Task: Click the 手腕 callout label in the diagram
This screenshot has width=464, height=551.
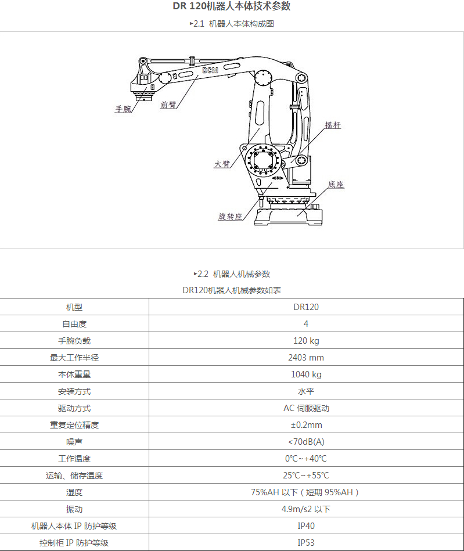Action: tap(123, 109)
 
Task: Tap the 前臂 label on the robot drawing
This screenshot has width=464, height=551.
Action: tap(168, 105)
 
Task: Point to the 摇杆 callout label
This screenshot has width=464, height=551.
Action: tap(333, 125)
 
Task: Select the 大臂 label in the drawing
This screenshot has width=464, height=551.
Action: tap(222, 164)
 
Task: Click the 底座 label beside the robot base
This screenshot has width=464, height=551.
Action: tap(336, 185)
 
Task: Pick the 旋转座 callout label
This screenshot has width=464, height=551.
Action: tap(230, 217)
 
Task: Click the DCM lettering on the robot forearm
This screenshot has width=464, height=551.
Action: tap(210, 70)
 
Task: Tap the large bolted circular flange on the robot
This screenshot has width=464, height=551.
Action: tap(264, 161)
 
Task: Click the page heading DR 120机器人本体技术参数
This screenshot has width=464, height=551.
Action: tap(232, 6)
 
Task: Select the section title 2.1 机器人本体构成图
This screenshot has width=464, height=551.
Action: tap(232, 24)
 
